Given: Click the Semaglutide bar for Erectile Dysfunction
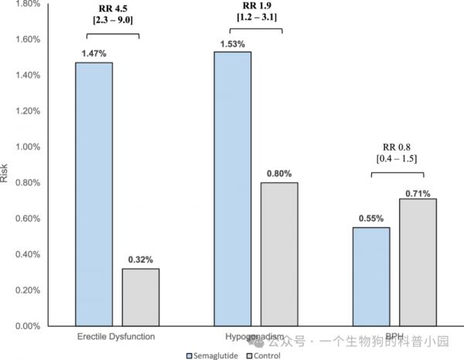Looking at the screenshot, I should (x=94, y=193).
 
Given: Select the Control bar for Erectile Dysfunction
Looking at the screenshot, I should (x=140, y=297).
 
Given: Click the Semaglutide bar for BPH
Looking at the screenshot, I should (x=371, y=276).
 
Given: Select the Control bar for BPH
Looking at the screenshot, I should (x=418, y=262).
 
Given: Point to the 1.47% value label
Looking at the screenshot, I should (x=94, y=55).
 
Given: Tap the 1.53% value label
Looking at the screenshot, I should (x=232, y=44).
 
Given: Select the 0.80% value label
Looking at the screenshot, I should (x=278, y=175).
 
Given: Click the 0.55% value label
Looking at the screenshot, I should (x=371, y=219).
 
